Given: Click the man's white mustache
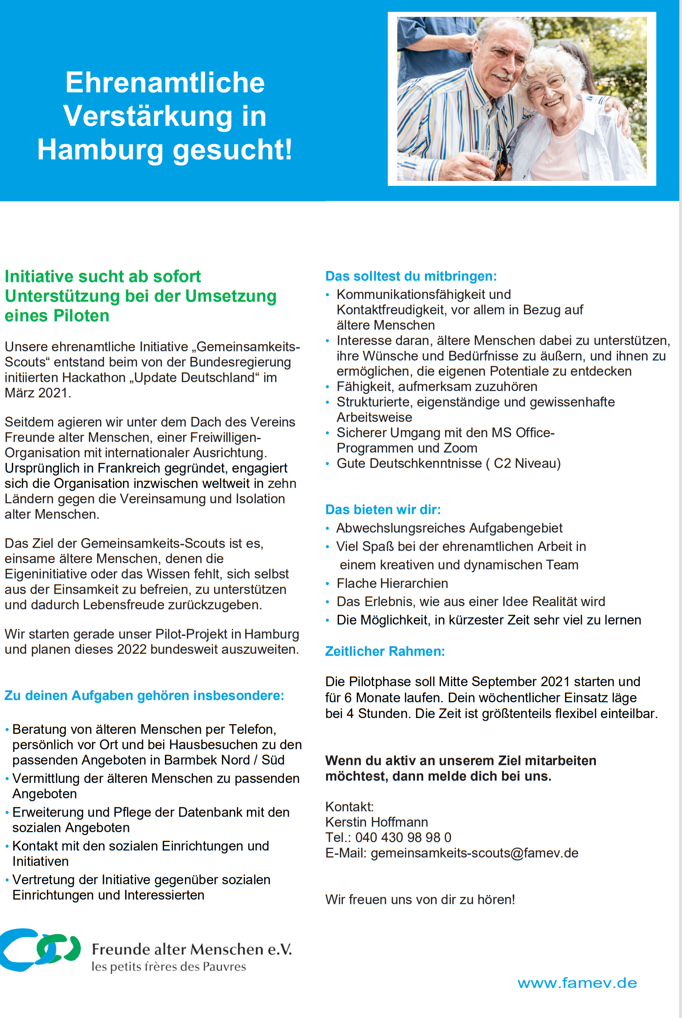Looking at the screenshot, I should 501,76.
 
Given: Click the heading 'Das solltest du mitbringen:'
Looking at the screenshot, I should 411,276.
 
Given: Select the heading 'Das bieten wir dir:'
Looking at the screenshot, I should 383,509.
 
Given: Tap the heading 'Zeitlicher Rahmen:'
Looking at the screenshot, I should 385,651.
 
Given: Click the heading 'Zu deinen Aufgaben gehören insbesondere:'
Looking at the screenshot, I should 144,695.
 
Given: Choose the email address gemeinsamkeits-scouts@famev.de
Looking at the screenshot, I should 474,853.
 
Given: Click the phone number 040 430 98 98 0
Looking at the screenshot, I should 403,837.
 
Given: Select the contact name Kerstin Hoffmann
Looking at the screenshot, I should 377,822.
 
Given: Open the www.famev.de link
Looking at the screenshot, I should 577,983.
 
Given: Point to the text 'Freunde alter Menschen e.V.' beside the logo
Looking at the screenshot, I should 192,949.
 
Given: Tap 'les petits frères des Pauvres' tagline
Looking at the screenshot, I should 169,967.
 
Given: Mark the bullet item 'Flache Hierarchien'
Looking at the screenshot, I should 392,583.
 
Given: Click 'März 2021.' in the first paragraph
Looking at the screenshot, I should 38,393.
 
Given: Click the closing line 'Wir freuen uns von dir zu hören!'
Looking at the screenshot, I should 420,900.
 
